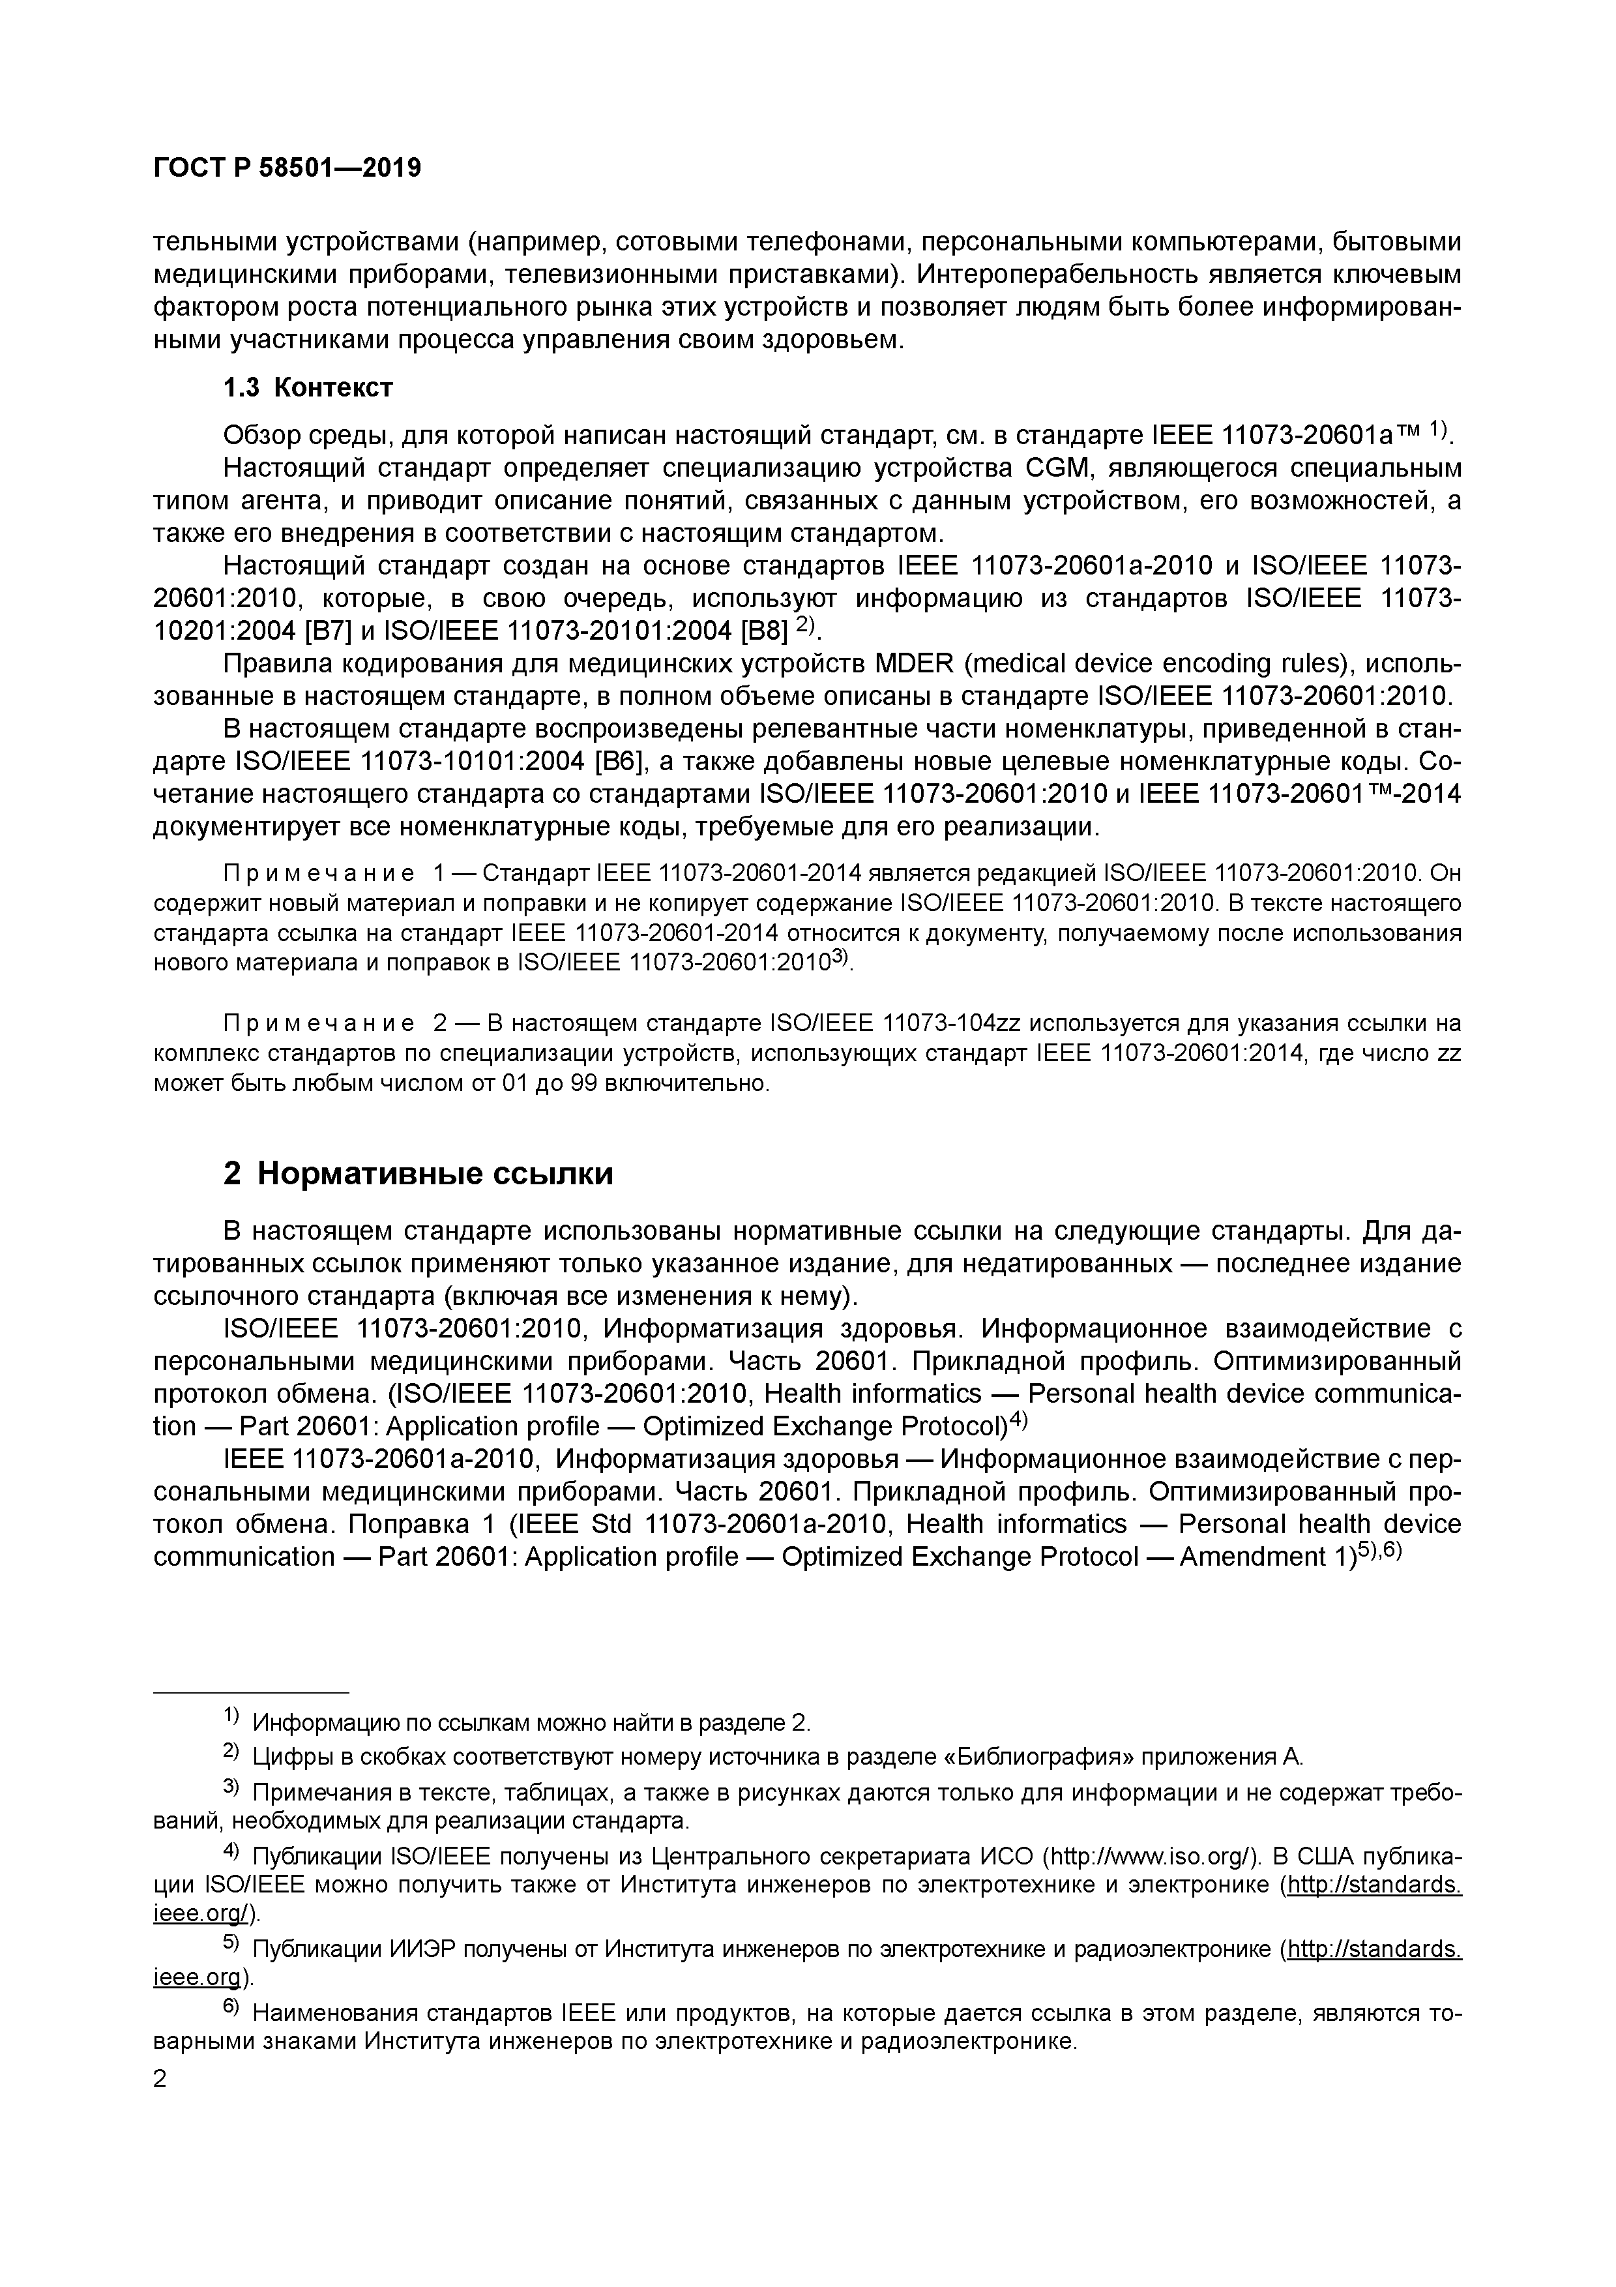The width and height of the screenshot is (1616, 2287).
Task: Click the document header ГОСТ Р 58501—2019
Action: click(287, 168)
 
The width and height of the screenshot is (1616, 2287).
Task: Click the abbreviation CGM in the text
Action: click(1052, 468)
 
